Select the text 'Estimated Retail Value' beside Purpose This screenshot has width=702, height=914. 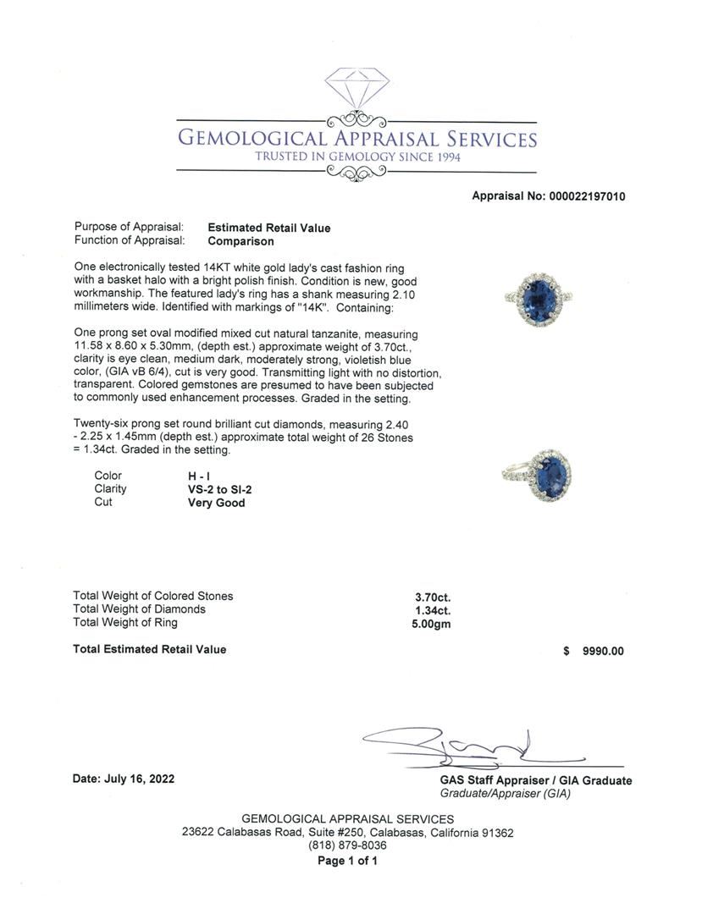(x=269, y=228)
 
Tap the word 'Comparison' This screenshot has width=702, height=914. (x=240, y=241)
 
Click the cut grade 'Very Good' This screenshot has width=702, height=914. (x=216, y=503)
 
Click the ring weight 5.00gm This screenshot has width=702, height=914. (x=432, y=623)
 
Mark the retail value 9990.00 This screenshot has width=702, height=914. (x=603, y=651)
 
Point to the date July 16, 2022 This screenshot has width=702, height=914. (x=124, y=779)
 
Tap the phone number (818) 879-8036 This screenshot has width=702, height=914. (x=347, y=845)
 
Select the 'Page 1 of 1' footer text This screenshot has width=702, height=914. (x=347, y=861)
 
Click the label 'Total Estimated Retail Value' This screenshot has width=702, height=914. (x=150, y=649)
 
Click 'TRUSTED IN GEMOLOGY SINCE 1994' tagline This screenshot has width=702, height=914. (x=357, y=157)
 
